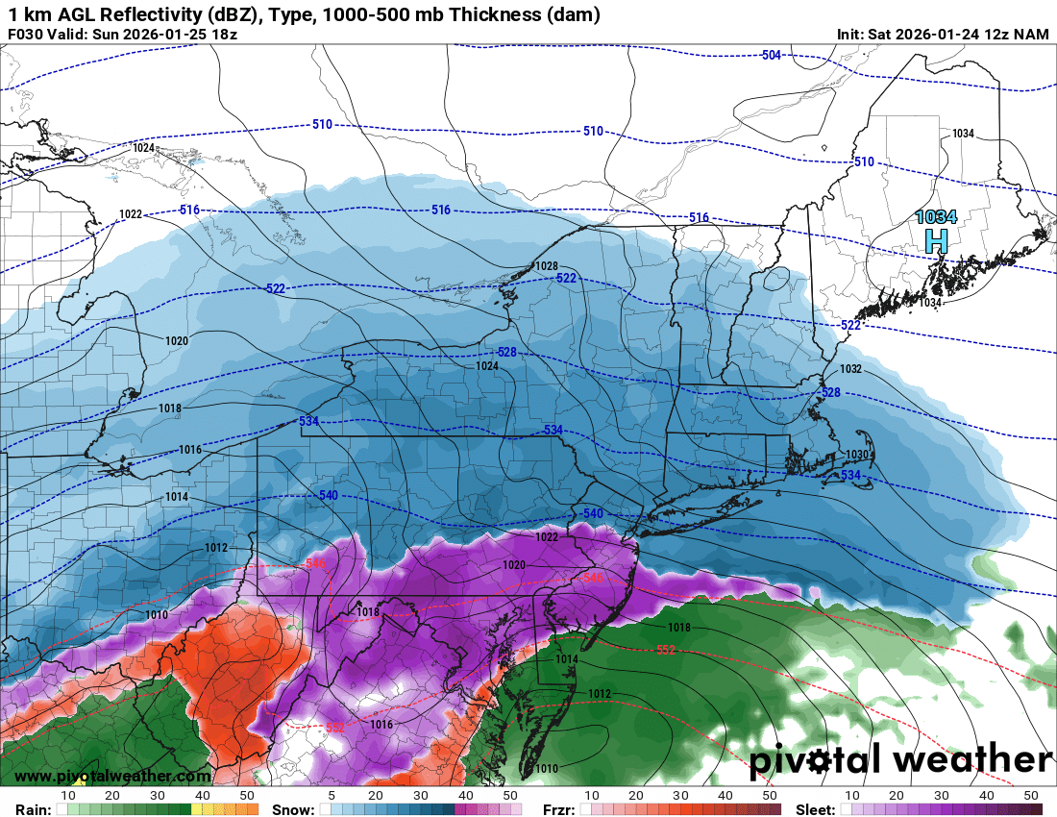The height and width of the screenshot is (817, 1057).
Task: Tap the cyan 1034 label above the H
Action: pos(936,217)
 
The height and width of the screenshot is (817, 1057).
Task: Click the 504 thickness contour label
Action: pos(771,55)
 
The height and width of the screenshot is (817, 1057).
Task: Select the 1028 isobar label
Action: pos(547,266)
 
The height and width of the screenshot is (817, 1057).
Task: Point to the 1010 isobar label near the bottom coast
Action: pos(547,768)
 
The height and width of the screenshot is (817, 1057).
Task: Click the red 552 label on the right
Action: pos(665,651)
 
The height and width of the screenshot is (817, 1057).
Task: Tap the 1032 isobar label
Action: pos(850,369)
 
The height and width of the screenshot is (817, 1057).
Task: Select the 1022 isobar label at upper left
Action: pos(131,213)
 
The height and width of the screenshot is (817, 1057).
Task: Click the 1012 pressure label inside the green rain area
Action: pos(600,693)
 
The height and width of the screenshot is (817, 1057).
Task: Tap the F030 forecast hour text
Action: pos(25,35)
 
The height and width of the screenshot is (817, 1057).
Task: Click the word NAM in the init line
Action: pos(1032,35)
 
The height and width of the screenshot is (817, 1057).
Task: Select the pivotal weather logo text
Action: pos(900,760)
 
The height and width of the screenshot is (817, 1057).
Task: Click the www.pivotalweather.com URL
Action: pos(112,777)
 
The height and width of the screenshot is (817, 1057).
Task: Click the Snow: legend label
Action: pos(293,809)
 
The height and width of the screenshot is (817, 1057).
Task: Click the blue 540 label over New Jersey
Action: pos(592,514)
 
